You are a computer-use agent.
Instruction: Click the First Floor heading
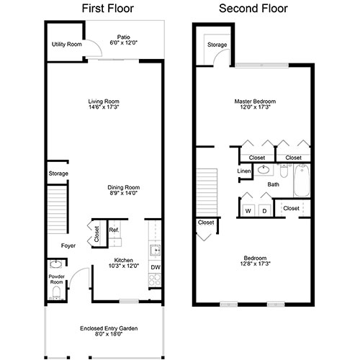[x=108, y=9]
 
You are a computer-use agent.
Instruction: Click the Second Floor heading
[x=253, y=9]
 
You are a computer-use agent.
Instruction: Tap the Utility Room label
[x=67, y=45]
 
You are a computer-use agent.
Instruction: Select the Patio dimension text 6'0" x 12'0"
[x=124, y=42]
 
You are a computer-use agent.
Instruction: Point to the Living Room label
[x=104, y=102]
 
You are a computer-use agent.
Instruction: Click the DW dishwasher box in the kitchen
[x=155, y=267]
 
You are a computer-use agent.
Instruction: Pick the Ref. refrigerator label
[x=114, y=230]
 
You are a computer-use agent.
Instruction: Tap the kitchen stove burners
[x=155, y=279]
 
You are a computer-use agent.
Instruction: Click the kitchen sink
[x=155, y=251]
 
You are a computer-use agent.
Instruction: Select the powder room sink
[x=56, y=264]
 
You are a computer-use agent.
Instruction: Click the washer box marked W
[x=248, y=211]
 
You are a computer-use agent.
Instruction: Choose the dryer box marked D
[x=264, y=211]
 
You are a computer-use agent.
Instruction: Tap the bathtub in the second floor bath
[x=302, y=181]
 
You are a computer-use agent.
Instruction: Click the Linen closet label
[x=244, y=171]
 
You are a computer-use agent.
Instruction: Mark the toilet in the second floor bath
[x=284, y=171]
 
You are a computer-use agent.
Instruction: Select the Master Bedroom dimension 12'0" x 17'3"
[x=255, y=107]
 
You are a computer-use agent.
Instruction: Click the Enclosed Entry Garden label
[x=109, y=328]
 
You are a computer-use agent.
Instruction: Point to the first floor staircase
[x=58, y=210]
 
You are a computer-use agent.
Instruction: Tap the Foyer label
[x=68, y=246]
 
